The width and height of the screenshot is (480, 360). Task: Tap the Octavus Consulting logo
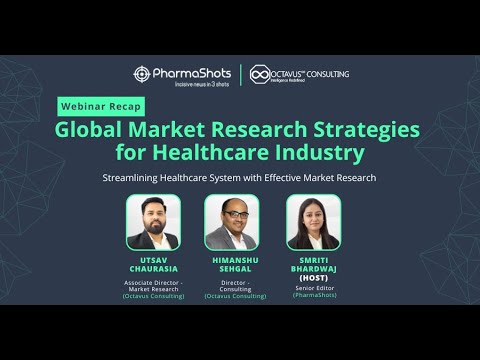click(x=299, y=75)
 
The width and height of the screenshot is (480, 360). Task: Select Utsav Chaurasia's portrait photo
click(x=153, y=222)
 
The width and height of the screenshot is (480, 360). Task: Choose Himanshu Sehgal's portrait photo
click(x=232, y=222)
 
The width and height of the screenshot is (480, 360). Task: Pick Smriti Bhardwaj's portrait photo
click(x=313, y=222)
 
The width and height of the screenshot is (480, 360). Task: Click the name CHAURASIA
click(x=153, y=267)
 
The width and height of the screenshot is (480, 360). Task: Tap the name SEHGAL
click(x=232, y=267)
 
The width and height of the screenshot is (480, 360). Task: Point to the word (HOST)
click(x=313, y=275)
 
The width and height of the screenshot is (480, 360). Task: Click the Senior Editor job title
click(x=313, y=287)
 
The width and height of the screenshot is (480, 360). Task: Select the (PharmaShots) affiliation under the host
click(x=313, y=296)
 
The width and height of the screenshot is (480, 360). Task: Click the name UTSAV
click(x=153, y=258)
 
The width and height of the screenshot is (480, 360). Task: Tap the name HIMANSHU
click(x=232, y=258)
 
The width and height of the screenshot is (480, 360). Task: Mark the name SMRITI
click(x=313, y=258)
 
